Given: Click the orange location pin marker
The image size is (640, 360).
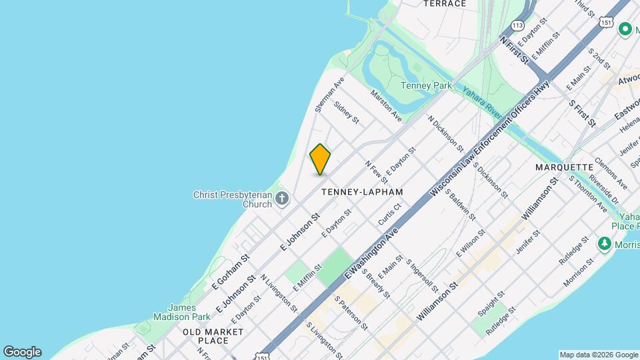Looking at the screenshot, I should (321, 159).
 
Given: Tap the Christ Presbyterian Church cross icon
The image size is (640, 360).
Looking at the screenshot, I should (282, 198).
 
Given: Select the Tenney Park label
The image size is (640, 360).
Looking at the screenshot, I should (426, 85).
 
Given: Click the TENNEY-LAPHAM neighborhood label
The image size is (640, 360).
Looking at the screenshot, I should (362, 192).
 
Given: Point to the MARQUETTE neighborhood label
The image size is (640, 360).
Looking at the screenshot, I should (564, 167).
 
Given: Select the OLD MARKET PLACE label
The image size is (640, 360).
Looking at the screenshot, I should (205, 336).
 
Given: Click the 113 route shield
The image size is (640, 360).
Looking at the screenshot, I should (517, 25).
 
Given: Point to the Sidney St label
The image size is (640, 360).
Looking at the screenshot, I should (347, 112).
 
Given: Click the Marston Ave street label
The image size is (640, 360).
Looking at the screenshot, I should (387, 106).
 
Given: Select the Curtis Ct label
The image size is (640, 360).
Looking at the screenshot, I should (389, 213).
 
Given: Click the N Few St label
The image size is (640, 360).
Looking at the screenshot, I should (376, 172).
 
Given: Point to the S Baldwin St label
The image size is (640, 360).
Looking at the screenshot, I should (461, 205).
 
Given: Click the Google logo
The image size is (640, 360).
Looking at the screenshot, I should (22, 352).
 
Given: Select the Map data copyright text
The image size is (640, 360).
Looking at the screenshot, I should (598, 355).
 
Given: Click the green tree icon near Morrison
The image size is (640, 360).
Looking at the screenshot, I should (605, 243).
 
